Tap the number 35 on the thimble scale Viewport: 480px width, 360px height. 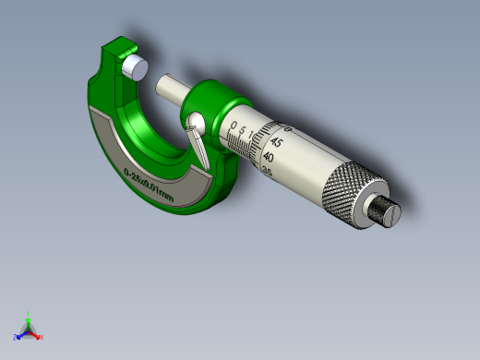tap(267, 170)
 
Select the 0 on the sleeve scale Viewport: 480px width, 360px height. tap(233, 126)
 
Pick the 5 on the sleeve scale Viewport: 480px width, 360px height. tap(243, 132)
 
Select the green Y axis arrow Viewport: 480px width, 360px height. tap(29, 318)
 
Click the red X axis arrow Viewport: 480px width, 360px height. tap(37, 335)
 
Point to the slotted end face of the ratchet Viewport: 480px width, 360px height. tap(391, 213)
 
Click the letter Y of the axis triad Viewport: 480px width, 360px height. tap(29, 312)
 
